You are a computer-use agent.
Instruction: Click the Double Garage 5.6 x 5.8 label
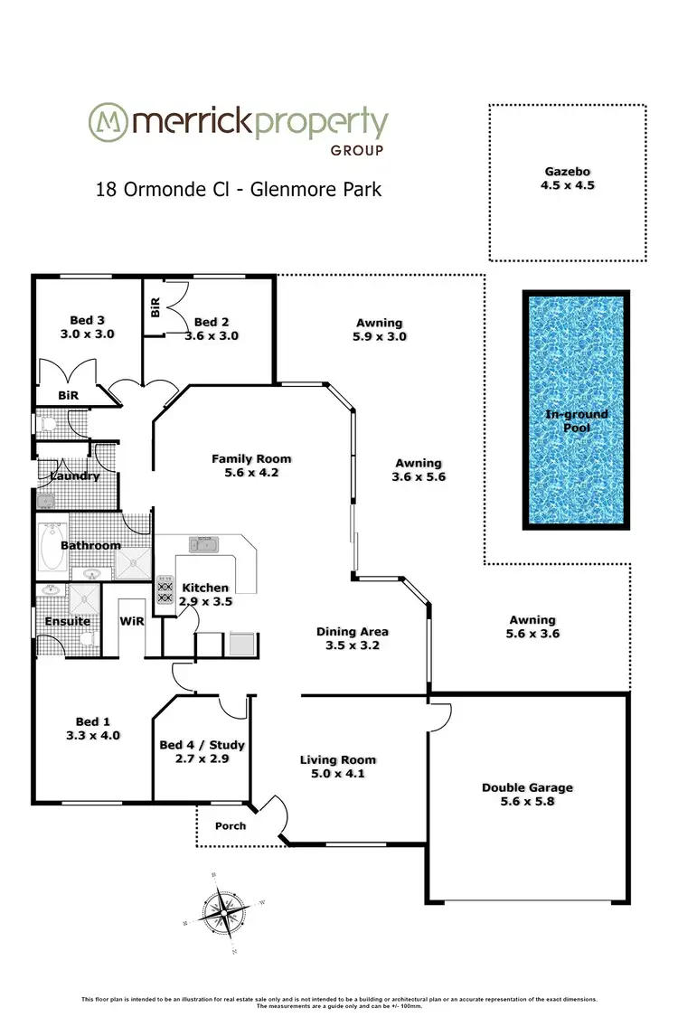[527, 795]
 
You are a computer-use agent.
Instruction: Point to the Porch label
[230, 826]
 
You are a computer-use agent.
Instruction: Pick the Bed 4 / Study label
[202, 752]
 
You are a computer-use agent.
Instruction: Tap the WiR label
[133, 622]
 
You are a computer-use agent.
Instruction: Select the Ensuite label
[68, 622]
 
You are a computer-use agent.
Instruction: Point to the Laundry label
[74, 476]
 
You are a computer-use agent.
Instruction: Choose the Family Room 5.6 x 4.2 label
[251, 465]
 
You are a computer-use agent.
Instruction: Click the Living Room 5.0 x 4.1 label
[337, 767]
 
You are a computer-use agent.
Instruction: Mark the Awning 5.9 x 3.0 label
[379, 329]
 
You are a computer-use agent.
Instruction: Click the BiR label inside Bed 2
[155, 307]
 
